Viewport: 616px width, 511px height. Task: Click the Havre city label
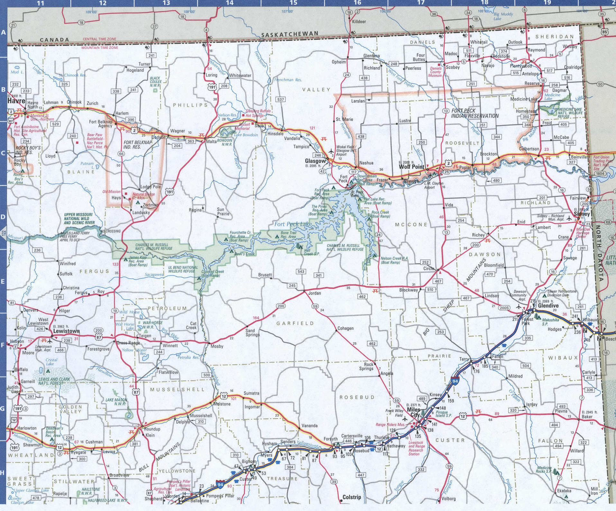[16, 101]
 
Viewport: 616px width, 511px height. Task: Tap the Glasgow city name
[315, 161]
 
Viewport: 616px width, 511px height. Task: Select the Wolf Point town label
[411, 167]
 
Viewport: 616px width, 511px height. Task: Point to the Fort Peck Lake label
[293, 224]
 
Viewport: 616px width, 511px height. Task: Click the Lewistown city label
[66, 331]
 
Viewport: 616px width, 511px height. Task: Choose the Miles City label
[414, 412]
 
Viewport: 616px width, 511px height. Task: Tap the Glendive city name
[548, 306]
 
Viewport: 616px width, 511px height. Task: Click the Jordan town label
[314, 293]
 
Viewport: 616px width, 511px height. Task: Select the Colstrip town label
[352, 497]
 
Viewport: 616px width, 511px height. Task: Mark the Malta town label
[211, 141]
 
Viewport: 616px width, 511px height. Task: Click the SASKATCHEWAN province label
[290, 34]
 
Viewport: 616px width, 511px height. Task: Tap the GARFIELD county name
[295, 323]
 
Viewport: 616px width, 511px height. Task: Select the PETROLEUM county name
[167, 308]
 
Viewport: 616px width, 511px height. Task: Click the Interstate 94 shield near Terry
[455, 381]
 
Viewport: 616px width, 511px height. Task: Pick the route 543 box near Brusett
[301, 271]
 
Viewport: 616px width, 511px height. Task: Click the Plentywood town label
[521, 66]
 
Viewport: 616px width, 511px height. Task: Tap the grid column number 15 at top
[293, 3]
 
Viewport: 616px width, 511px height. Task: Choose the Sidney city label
[582, 214]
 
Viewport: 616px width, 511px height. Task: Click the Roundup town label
[152, 429]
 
